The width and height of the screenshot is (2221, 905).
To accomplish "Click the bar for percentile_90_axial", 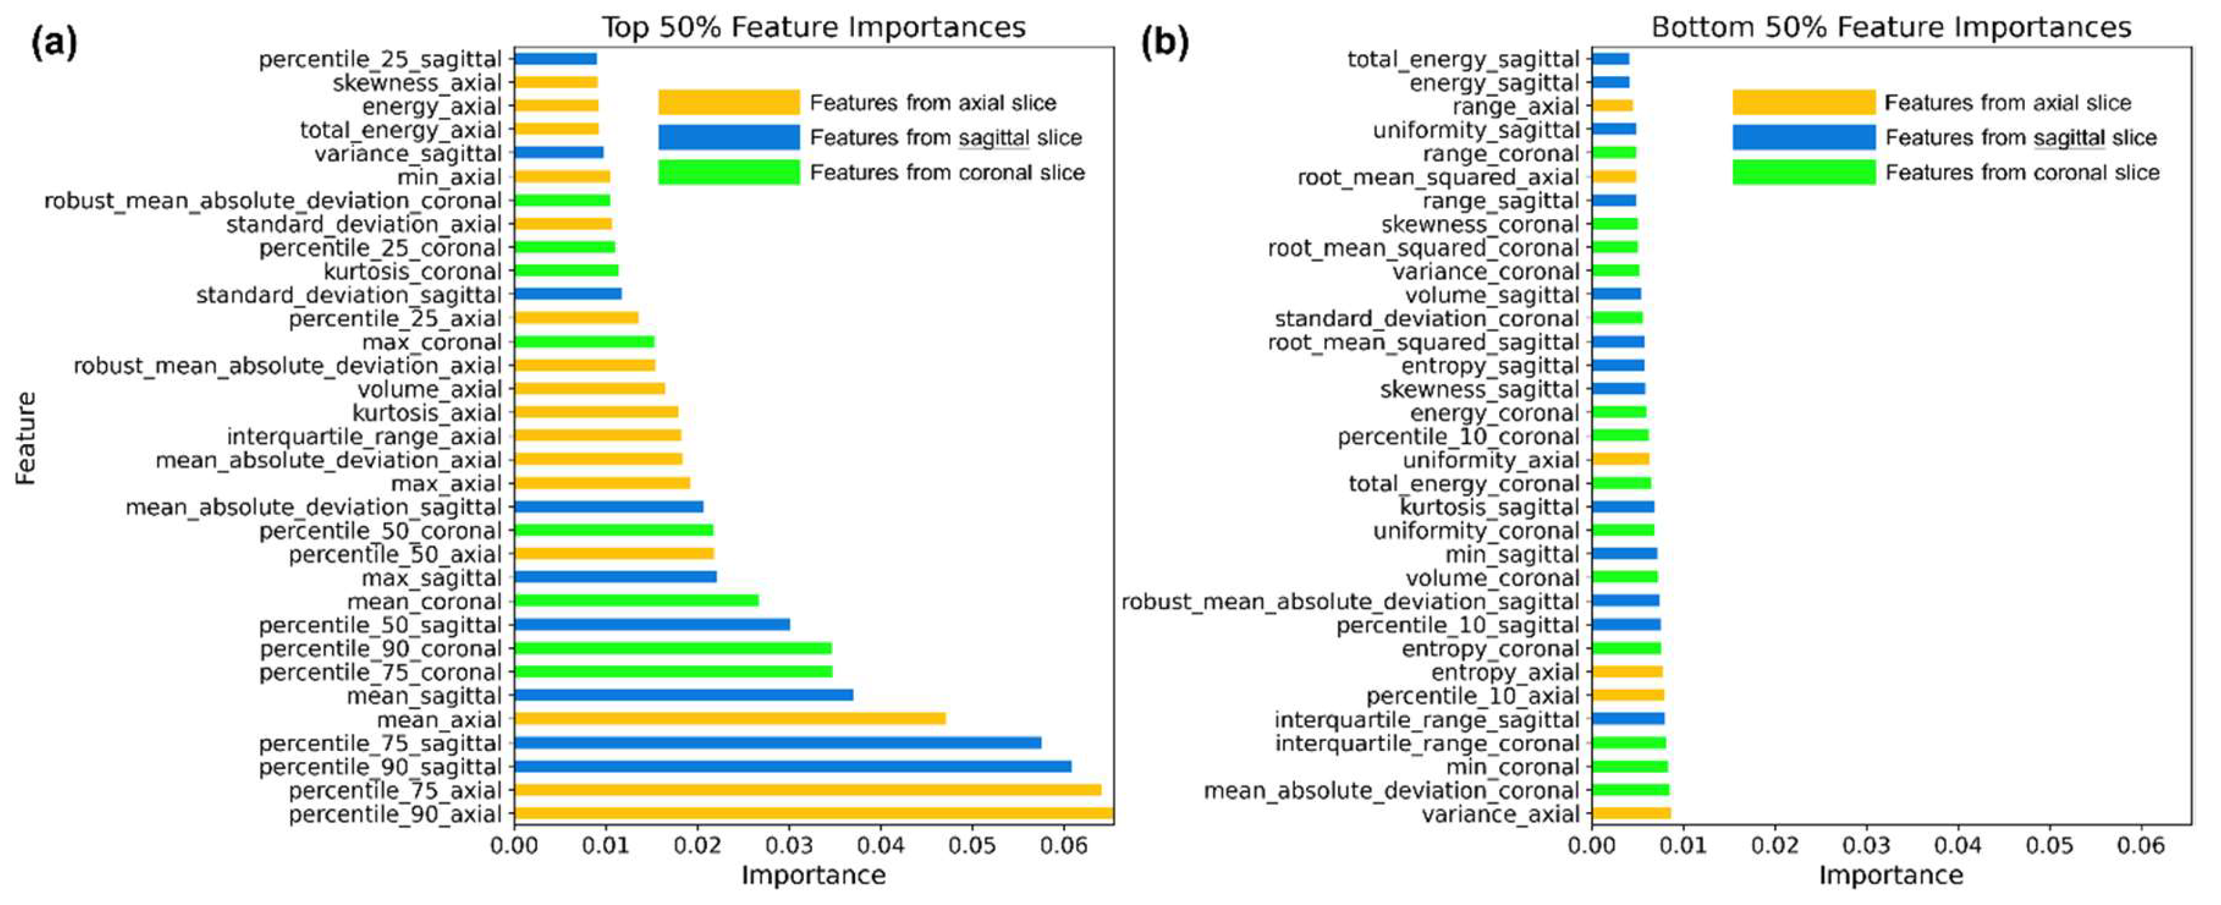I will (x=813, y=813).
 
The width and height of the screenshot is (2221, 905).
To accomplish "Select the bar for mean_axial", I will (x=730, y=718).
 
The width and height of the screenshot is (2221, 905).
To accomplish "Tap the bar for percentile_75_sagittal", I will (x=777, y=743).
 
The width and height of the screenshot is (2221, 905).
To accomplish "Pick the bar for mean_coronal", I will (x=635, y=601).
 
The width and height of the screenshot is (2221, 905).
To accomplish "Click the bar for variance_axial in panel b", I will (x=1630, y=813).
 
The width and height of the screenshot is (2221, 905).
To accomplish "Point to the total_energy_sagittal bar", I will (x=1610, y=59).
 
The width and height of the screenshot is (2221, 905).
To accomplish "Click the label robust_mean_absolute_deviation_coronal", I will (x=272, y=201).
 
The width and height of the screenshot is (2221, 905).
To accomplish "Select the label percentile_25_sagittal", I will (x=379, y=60).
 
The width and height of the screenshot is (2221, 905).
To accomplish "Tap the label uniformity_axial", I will (x=1491, y=460).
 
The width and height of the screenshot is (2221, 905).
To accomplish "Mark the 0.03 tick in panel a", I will (x=789, y=845).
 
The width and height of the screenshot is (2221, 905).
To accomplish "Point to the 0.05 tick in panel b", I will (x=2049, y=845).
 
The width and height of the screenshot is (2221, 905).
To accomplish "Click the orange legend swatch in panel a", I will (x=728, y=103).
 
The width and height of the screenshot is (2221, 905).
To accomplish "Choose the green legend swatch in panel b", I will (x=1804, y=172).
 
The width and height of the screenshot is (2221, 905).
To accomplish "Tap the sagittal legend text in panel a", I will (x=946, y=138).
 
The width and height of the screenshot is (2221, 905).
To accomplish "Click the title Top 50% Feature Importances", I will (x=813, y=27).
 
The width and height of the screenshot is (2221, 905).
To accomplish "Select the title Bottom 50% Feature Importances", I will (x=1891, y=27).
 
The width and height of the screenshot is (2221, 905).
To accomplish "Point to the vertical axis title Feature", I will (x=26, y=438).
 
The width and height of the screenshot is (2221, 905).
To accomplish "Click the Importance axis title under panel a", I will (x=813, y=875).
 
